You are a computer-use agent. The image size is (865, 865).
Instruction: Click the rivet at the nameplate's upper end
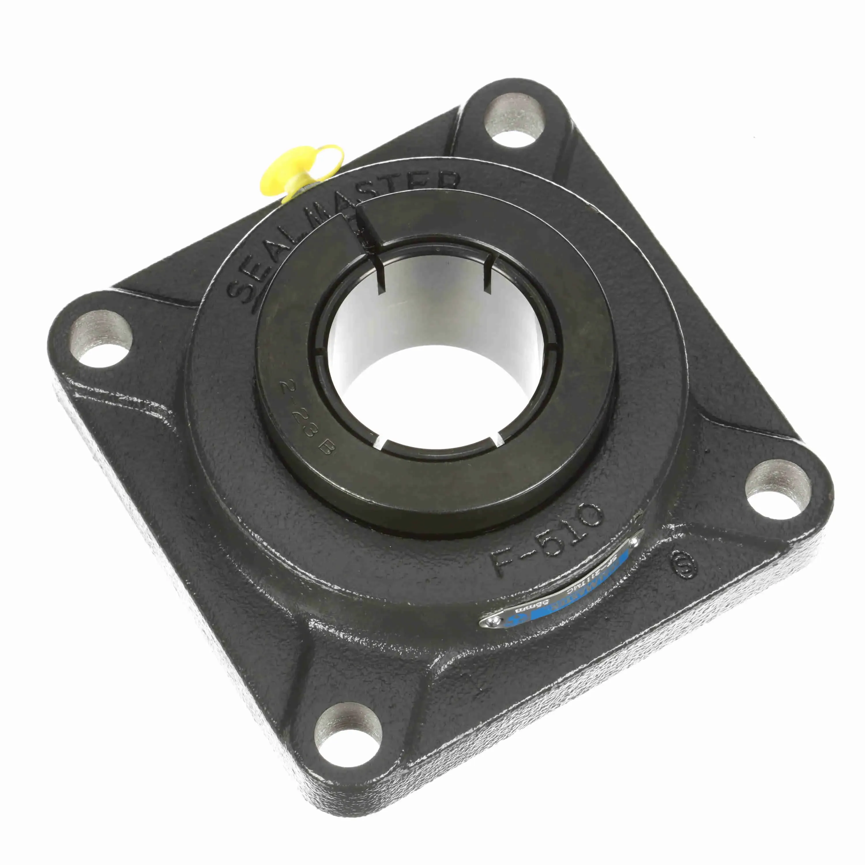(x=634, y=543)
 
